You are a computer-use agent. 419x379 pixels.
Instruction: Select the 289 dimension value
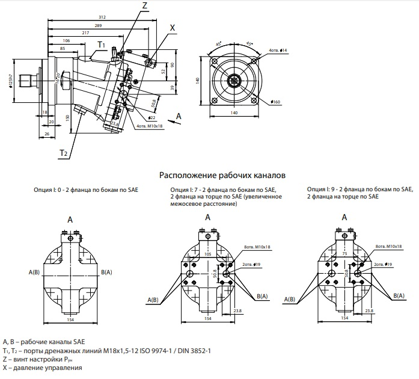97,25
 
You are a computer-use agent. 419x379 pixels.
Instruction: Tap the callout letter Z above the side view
144,5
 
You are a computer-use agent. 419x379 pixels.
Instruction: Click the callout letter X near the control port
173,27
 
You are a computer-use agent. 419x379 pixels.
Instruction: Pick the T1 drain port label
102,45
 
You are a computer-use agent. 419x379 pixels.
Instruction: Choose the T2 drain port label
63,153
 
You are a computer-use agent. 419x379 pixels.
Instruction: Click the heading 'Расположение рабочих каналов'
221,176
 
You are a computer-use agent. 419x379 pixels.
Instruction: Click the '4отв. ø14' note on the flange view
278,50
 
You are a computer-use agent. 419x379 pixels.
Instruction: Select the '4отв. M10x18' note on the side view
150,126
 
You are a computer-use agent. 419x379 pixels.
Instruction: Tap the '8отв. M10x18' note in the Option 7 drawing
256,247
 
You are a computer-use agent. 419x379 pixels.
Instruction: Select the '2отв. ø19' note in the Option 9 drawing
383,264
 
